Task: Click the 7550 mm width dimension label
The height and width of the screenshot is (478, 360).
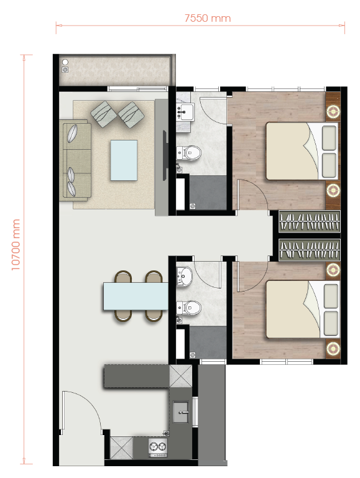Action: point(208,18)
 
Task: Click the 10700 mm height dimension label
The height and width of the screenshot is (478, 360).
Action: point(16,244)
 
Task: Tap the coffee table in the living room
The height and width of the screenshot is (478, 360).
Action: point(124,160)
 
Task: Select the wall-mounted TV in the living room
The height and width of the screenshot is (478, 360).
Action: point(165,155)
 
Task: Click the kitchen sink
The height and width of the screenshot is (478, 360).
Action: point(181,412)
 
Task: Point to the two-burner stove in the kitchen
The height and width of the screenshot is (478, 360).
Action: point(158,447)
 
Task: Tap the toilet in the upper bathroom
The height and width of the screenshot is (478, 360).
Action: point(189,153)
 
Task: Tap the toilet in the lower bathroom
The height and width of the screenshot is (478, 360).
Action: point(189,308)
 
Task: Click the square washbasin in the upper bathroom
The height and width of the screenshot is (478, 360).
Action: point(185,112)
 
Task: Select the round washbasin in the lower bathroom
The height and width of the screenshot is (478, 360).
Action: point(185,276)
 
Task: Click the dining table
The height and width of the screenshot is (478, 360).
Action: point(136,296)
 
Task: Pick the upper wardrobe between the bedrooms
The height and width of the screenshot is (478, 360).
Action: point(310,221)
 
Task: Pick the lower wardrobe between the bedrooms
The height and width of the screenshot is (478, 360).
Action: point(310,250)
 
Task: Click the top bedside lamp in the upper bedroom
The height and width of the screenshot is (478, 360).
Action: point(333,111)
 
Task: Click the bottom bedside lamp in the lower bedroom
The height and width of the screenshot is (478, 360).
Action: point(333,348)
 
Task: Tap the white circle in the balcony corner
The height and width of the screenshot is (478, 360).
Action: point(65,62)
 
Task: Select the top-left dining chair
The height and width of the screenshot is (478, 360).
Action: point(123,277)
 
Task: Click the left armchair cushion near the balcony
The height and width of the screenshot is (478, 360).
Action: point(104,114)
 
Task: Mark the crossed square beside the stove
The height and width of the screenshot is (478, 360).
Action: point(121,448)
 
